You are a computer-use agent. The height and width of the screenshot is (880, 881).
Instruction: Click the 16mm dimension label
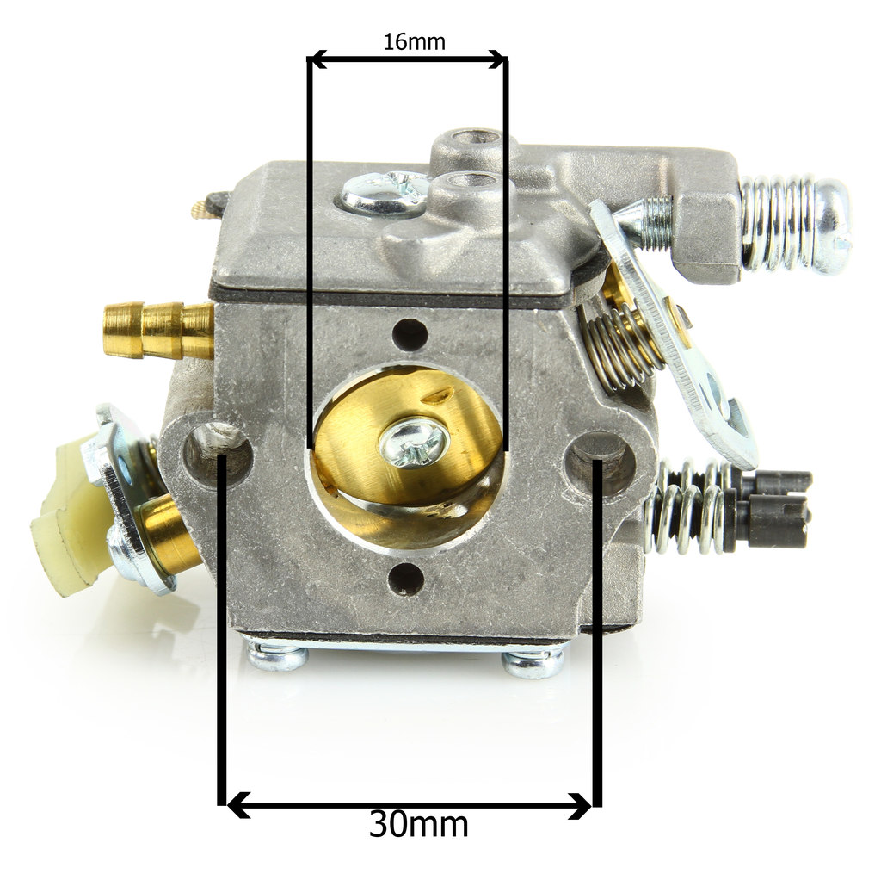coord(414,41)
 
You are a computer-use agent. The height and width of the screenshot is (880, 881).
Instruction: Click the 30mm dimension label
coord(419,824)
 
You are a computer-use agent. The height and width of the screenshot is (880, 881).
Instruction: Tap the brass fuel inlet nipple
coord(158,329)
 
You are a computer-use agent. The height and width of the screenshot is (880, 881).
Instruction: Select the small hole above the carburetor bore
coord(410,335)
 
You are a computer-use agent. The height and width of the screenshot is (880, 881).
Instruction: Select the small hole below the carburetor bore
coord(406,578)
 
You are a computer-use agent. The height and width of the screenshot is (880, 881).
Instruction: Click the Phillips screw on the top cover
coord(386,192)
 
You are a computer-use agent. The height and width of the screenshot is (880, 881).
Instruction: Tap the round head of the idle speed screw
coord(833,226)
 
